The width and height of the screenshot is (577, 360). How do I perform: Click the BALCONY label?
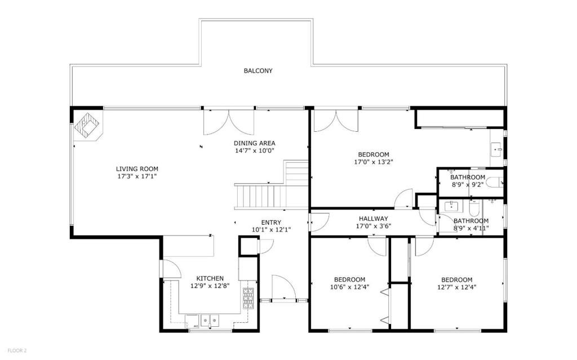258,70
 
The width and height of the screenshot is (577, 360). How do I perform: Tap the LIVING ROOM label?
137,169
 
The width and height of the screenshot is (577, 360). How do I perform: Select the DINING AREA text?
255,143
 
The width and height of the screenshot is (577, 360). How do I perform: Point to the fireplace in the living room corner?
88,126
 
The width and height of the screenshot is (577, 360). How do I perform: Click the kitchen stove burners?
248,298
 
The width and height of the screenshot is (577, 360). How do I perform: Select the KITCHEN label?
210,279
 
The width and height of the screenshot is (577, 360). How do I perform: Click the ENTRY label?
271,223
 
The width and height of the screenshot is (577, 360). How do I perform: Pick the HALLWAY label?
374,219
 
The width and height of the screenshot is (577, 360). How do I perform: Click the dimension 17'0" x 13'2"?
374,162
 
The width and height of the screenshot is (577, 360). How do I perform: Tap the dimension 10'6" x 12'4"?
349,287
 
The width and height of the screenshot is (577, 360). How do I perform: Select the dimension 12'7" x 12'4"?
456,287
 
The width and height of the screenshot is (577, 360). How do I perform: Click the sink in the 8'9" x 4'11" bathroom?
451,206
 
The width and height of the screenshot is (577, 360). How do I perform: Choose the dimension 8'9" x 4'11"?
471,228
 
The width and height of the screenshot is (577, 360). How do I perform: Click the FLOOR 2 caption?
17,351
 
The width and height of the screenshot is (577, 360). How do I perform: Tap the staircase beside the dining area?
272,185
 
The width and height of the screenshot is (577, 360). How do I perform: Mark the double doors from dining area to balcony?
229,122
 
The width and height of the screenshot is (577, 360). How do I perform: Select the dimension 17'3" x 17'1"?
137,176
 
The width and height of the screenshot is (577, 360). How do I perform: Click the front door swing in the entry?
284,287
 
